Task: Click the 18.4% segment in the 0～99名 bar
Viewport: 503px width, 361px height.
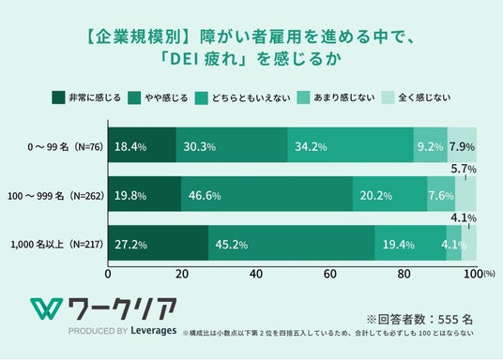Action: tap(142, 144)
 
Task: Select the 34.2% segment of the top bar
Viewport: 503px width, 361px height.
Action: tap(351, 144)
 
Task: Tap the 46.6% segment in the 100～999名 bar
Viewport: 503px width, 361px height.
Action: tap(267, 194)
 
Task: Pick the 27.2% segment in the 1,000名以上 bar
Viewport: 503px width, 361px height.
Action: tap(159, 243)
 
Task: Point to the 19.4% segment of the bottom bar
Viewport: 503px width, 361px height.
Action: tap(410, 243)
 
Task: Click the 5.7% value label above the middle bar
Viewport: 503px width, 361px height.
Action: tap(464, 169)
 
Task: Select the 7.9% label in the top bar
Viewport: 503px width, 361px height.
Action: tap(462, 147)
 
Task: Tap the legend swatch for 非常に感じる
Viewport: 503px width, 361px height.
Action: tap(58, 98)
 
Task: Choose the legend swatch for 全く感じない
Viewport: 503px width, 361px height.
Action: tap(388, 98)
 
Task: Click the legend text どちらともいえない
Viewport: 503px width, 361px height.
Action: tap(251, 98)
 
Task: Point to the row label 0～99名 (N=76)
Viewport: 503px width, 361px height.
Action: tap(66, 147)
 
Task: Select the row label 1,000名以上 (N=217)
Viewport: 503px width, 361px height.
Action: tap(57, 245)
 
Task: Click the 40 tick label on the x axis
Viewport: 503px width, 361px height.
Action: tap(256, 274)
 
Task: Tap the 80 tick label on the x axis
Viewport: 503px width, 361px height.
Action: tap(404, 274)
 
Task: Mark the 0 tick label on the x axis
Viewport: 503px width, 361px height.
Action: tap(108, 274)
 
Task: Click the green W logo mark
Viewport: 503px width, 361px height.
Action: tap(47, 309)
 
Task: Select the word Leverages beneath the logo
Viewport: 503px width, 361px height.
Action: tap(154, 331)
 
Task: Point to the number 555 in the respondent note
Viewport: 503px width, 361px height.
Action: tap(448, 320)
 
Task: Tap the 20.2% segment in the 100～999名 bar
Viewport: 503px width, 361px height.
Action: tap(389, 194)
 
